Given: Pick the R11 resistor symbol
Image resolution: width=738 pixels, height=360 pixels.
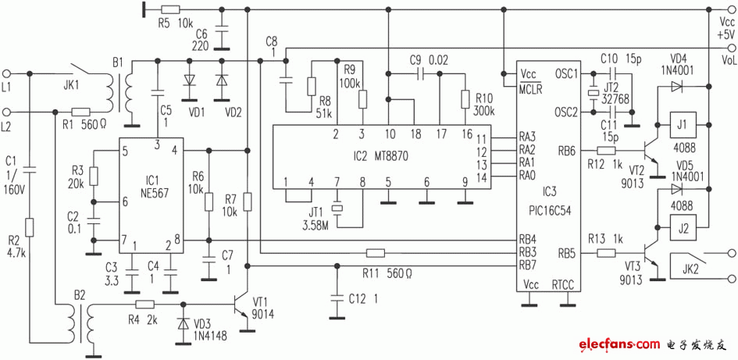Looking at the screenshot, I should click(x=376, y=252).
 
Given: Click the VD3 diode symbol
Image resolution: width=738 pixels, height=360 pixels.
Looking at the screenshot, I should click(x=184, y=321).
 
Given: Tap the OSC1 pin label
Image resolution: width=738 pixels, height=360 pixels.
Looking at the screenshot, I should click(x=565, y=74).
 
